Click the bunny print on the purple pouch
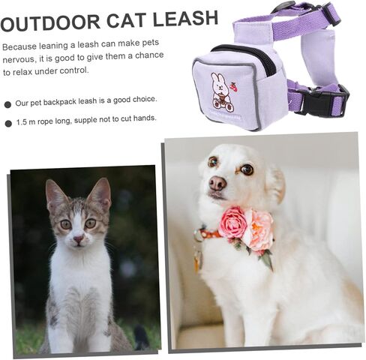pos(220,89)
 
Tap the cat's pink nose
pos(79,239)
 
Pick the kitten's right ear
pos(100,193)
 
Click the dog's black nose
pos(217,183)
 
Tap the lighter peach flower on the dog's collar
pos(259,229)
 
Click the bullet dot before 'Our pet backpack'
pos(7,103)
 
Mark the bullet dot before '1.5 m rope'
pos(7,123)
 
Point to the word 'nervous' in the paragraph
pos(19,58)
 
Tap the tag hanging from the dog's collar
pos(199,259)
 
